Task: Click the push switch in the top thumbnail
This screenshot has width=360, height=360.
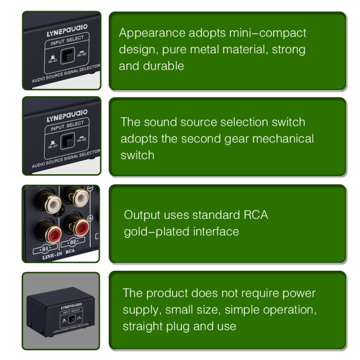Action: click(x=69, y=56)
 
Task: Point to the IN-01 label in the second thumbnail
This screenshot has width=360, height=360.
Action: click(x=53, y=143)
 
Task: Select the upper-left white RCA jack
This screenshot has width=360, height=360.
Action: click(x=52, y=202)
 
